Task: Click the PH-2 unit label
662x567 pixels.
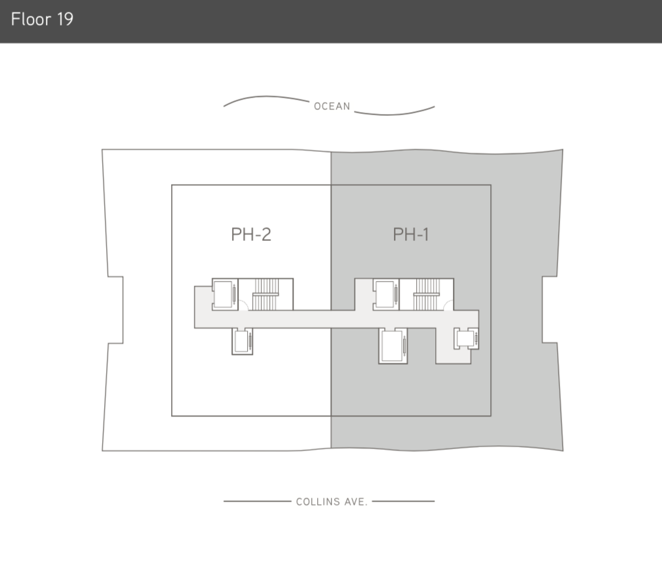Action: point(251,234)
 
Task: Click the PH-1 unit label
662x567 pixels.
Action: point(411,234)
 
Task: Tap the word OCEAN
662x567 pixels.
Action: point(332,106)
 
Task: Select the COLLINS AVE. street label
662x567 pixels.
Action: point(332,502)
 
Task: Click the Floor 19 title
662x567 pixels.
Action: point(42,19)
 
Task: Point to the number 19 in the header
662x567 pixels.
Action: point(64,19)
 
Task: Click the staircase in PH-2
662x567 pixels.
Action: point(265,293)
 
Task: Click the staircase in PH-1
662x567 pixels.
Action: point(426,293)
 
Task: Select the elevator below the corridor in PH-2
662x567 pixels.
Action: point(241,341)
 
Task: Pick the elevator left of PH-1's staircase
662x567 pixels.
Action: point(385,294)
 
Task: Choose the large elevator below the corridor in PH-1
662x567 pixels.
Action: point(393,346)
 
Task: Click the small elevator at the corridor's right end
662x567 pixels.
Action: point(466,338)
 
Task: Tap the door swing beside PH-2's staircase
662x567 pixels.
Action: point(242,304)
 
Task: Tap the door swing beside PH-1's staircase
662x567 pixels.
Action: point(446,304)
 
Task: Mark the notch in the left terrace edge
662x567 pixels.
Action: point(115,310)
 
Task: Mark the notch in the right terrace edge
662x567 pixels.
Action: point(549,310)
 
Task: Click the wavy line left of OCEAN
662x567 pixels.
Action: point(265,100)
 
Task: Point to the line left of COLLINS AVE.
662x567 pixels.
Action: point(257,502)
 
